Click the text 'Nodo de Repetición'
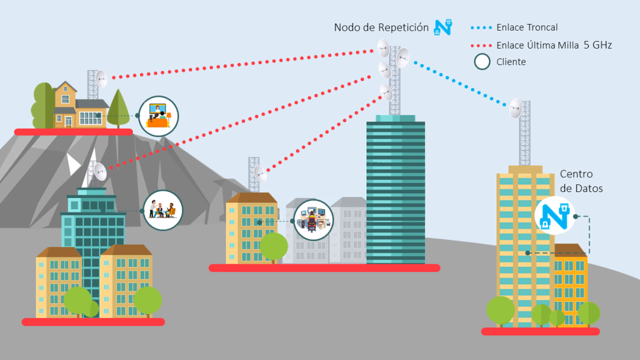pos(381,27)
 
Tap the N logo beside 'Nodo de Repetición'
pos(443,27)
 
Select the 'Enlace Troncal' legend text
pos(527,27)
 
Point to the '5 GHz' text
pos(597,45)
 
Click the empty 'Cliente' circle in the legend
pos(482,62)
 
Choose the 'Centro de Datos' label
pos(581,181)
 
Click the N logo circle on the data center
pos(555,216)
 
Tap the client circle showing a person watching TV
pos(159,117)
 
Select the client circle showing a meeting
pos(163,210)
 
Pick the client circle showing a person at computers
pos(313,220)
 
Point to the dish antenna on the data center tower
pos(516,108)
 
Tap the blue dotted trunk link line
pos(460,84)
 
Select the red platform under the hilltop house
pos(73,132)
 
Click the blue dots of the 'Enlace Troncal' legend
pos(481,28)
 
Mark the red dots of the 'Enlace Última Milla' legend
pos(481,46)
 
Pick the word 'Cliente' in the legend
pos(511,62)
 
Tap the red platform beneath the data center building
pos(540,332)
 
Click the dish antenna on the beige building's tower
pos(260,175)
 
